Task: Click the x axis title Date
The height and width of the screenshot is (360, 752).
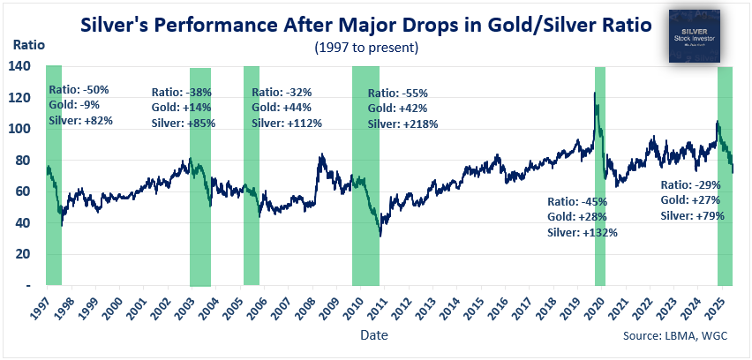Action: (373, 336)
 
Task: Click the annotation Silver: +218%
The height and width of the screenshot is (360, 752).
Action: (402, 124)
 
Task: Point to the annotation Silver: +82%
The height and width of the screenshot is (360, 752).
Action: (80, 120)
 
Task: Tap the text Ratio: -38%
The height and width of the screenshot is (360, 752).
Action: (182, 92)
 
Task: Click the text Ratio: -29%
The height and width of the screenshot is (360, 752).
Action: (692, 185)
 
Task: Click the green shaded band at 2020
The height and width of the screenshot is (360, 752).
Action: (600, 176)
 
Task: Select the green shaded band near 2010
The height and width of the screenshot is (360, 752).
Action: (365, 176)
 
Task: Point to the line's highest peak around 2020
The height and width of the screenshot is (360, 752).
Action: (595, 94)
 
